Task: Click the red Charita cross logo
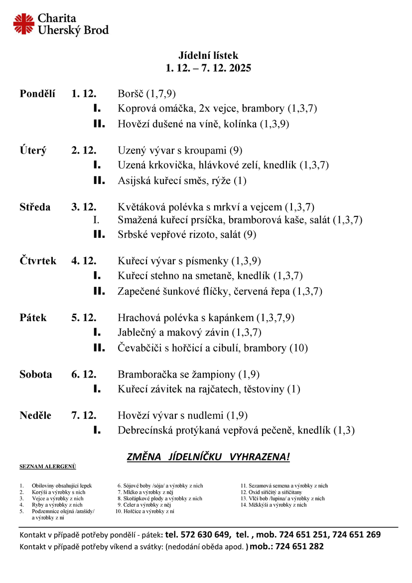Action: pyautogui.click(x=24, y=24)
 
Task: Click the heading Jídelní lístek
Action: pyautogui.click(x=208, y=55)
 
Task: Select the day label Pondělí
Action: pyautogui.click(x=37, y=94)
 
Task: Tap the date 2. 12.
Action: pyautogui.click(x=84, y=150)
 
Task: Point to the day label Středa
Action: pyautogui.click(x=35, y=207)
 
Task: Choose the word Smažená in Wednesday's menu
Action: pyautogui.click(x=137, y=219)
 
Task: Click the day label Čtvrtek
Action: pyautogui.click(x=38, y=261)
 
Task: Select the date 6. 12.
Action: pyautogui.click(x=84, y=374)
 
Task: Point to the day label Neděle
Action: pyautogui.click(x=35, y=415)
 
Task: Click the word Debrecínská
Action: pyautogui.click(x=148, y=430)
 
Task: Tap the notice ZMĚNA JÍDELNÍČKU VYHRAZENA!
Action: pyautogui.click(x=208, y=457)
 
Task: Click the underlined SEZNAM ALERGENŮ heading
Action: pyautogui.click(x=48, y=467)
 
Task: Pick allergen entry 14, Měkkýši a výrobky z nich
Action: pyautogui.click(x=274, y=505)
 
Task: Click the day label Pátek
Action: pyautogui.click(x=33, y=318)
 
